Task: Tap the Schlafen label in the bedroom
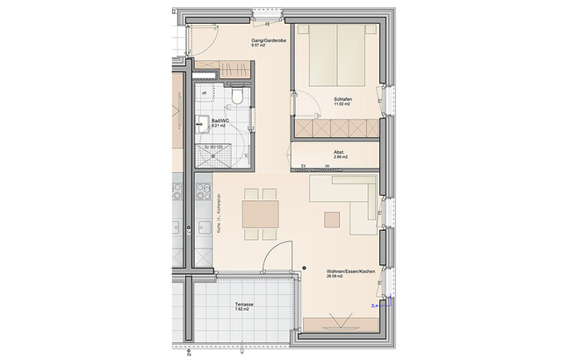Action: (x=343, y=100)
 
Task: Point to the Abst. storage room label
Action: (x=339, y=152)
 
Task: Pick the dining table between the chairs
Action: (x=260, y=212)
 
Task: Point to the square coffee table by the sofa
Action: (x=332, y=218)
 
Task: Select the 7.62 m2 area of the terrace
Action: (x=242, y=311)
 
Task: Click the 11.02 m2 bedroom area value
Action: (x=344, y=105)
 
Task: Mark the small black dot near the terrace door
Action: (x=300, y=269)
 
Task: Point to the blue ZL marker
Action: (x=374, y=305)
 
